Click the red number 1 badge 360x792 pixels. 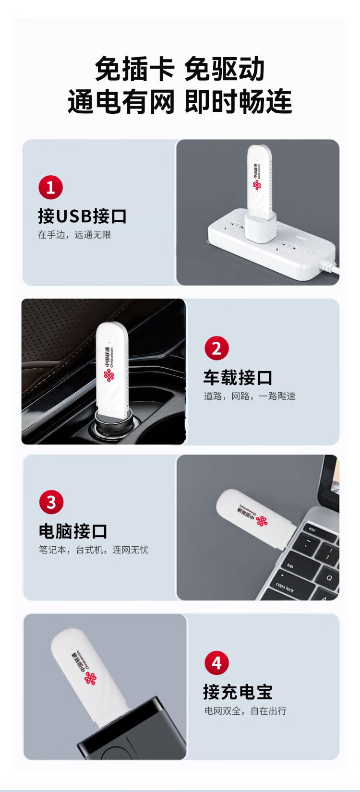tap(50, 187)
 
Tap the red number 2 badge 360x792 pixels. tap(216, 348)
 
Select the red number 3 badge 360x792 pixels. tap(51, 502)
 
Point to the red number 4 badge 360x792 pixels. tap(216, 662)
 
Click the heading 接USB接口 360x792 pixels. tap(82, 216)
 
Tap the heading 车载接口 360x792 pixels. tap(238, 377)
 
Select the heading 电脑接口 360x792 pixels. tap(73, 531)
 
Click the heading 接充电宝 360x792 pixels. tap(238, 692)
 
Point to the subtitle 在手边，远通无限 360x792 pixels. tap(74, 235)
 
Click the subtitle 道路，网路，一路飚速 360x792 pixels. tap(249, 396)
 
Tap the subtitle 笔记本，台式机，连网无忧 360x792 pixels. tap(94, 550)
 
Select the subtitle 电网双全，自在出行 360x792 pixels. tap(245, 711)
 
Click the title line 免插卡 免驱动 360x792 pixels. tap(180, 69)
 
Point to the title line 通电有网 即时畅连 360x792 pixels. tap(180, 101)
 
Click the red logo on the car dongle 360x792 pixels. tap(109, 375)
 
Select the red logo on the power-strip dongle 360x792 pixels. tap(257, 185)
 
